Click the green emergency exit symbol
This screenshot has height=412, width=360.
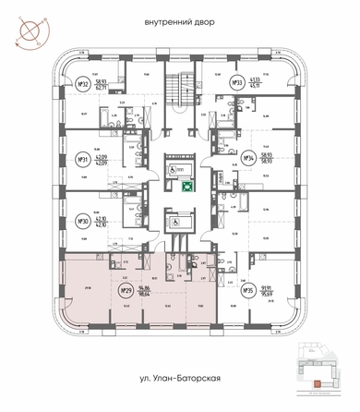(186, 186)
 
